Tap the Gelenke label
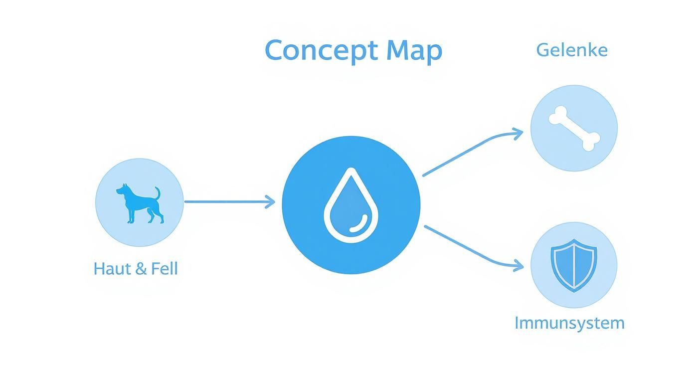[x=572, y=50]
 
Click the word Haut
[x=113, y=268]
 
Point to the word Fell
[x=165, y=268]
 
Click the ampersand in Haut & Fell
[x=141, y=269]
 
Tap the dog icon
[x=140, y=203]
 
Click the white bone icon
[x=574, y=128]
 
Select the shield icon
[x=574, y=265]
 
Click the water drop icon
[x=351, y=205]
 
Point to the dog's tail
[x=158, y=193]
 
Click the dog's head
[x=122, y=189]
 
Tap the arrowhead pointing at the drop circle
[x=270, y=202]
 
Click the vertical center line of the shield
[x=574, y=265]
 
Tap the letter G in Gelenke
[x=542, y=50]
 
